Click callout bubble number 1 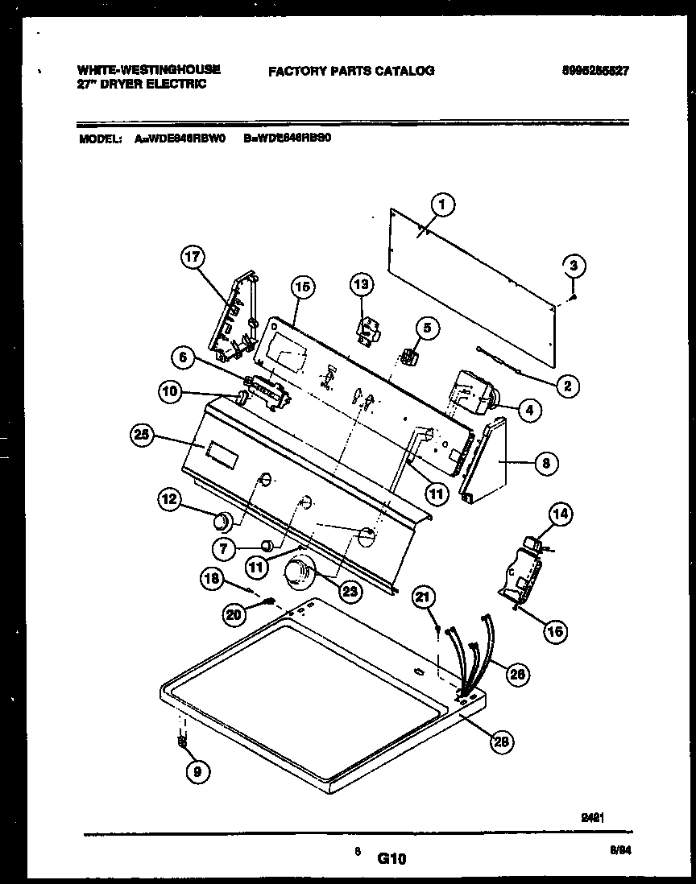(x=441, y=205)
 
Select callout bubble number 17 (x=193, y=258)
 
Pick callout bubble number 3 (x=573, y=265)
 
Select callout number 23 (x=350, y=592)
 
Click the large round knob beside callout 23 (x=297, y=575)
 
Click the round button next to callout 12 (x=218, y=524)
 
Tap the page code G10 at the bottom (x=391, y=859)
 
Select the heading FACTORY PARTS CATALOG (x=351, y=71)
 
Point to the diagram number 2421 (x=593, y=817)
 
